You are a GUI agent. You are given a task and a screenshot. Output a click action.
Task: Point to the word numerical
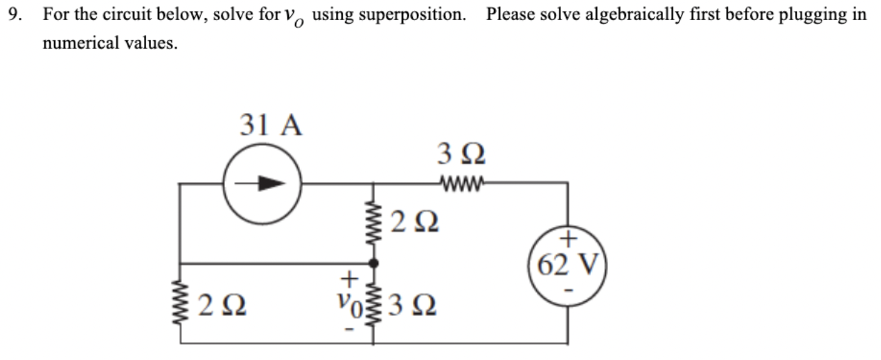coord(78,44)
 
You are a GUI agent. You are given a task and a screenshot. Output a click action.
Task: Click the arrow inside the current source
coord(262,184)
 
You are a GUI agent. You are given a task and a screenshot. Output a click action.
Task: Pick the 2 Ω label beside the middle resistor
coord(413,224)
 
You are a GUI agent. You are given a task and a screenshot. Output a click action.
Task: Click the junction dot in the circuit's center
coord(375,263)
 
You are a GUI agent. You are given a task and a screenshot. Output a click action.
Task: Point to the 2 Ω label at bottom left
coord(220,304)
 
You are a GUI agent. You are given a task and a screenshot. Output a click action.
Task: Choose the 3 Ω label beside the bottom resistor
coord(413,304)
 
